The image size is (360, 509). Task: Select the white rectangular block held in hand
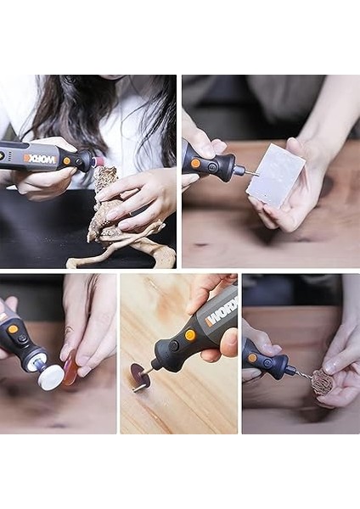click(275, 175)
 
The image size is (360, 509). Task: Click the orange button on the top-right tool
click(196, 163)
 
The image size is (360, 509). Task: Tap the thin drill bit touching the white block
click(251, 173)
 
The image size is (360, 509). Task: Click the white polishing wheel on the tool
click(51, 378)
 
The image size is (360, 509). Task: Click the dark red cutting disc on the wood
click(139, 375)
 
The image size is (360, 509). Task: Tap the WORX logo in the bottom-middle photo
click(220, 313)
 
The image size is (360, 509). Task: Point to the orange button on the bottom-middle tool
click(190, 335)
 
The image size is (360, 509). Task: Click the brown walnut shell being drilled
click(322, 383)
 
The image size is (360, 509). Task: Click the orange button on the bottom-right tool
click(252, 358)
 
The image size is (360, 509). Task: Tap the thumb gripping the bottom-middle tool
click(228, 341)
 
